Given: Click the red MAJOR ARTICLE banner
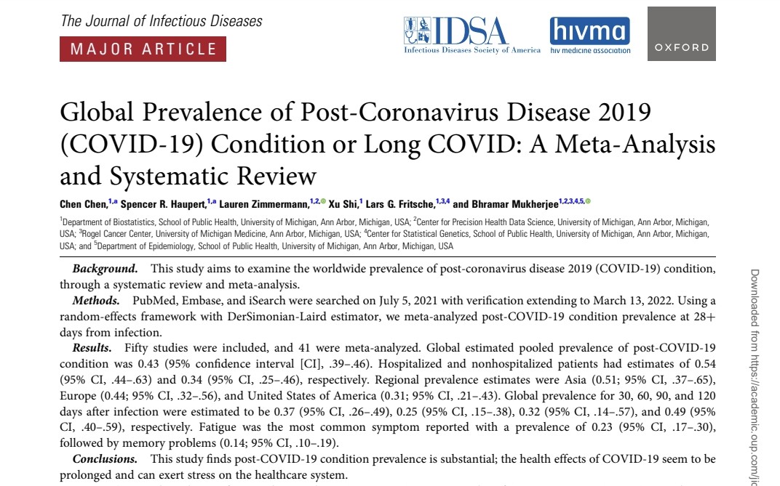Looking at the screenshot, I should [x=143, y=49].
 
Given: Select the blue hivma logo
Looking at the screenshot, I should [x=589, y=35].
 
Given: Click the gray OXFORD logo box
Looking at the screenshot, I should [x=681, y=34].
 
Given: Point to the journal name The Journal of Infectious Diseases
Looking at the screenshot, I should [x=162, y=20].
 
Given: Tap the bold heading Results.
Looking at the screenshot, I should [x=95, y=348].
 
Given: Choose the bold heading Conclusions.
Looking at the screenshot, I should [x=105, y=459].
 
